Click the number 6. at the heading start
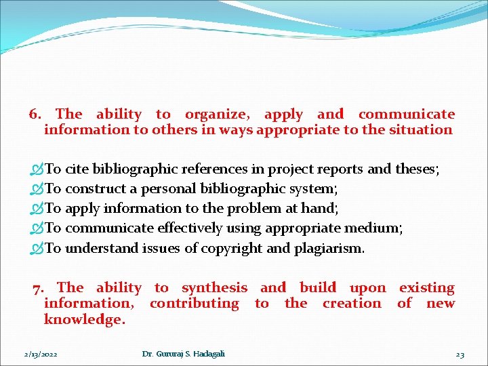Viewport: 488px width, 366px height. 37,115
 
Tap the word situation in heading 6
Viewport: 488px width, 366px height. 420,129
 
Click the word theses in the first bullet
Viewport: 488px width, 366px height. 417,169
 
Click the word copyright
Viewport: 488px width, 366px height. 232,248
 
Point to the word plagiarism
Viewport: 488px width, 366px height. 329,248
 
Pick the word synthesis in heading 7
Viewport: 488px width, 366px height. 214,288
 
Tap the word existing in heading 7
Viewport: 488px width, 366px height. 426,288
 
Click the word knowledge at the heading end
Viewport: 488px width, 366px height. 84,319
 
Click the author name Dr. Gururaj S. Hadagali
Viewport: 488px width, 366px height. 184,354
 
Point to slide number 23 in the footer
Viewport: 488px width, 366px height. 460,354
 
